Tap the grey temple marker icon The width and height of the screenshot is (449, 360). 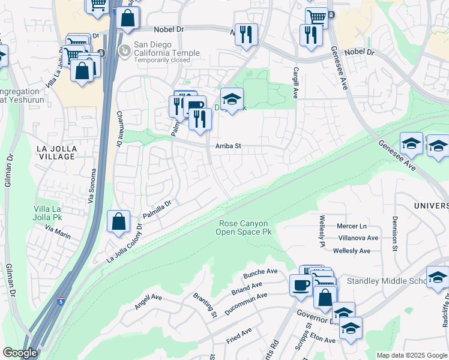(x=125, y=50)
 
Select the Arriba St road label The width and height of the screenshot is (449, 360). (x=228, y=146)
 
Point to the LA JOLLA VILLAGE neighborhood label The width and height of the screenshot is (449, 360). (x=56, y=152)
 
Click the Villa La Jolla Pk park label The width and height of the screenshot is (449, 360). (x=53, y=213)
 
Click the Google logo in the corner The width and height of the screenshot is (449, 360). (x=20, y=353)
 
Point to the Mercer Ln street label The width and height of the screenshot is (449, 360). (x=352, y=226)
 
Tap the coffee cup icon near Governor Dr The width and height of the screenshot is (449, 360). (x=300, y=285)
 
